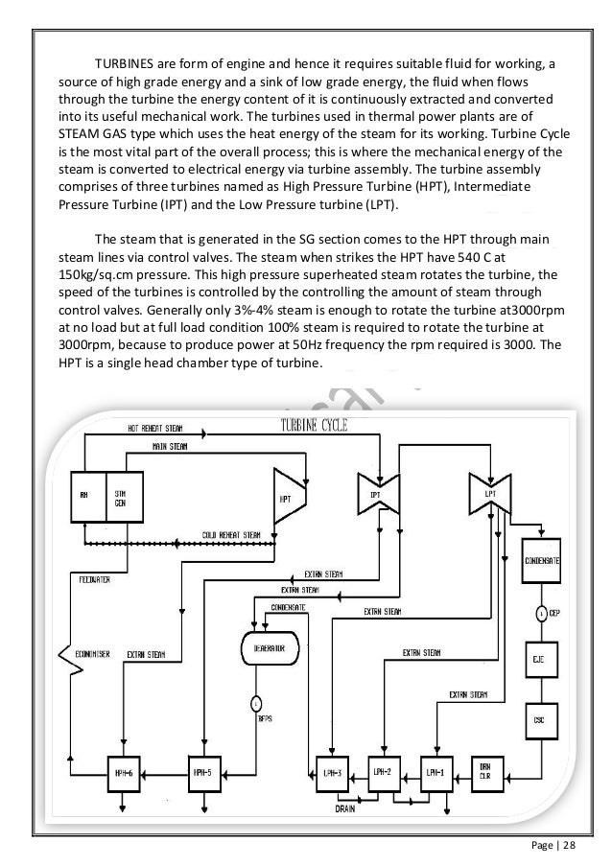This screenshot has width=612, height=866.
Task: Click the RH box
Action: tap(84, 497)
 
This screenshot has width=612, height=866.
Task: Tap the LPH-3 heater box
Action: tap(331, 770)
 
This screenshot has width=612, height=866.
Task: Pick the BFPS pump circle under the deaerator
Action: tap(257, 703)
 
